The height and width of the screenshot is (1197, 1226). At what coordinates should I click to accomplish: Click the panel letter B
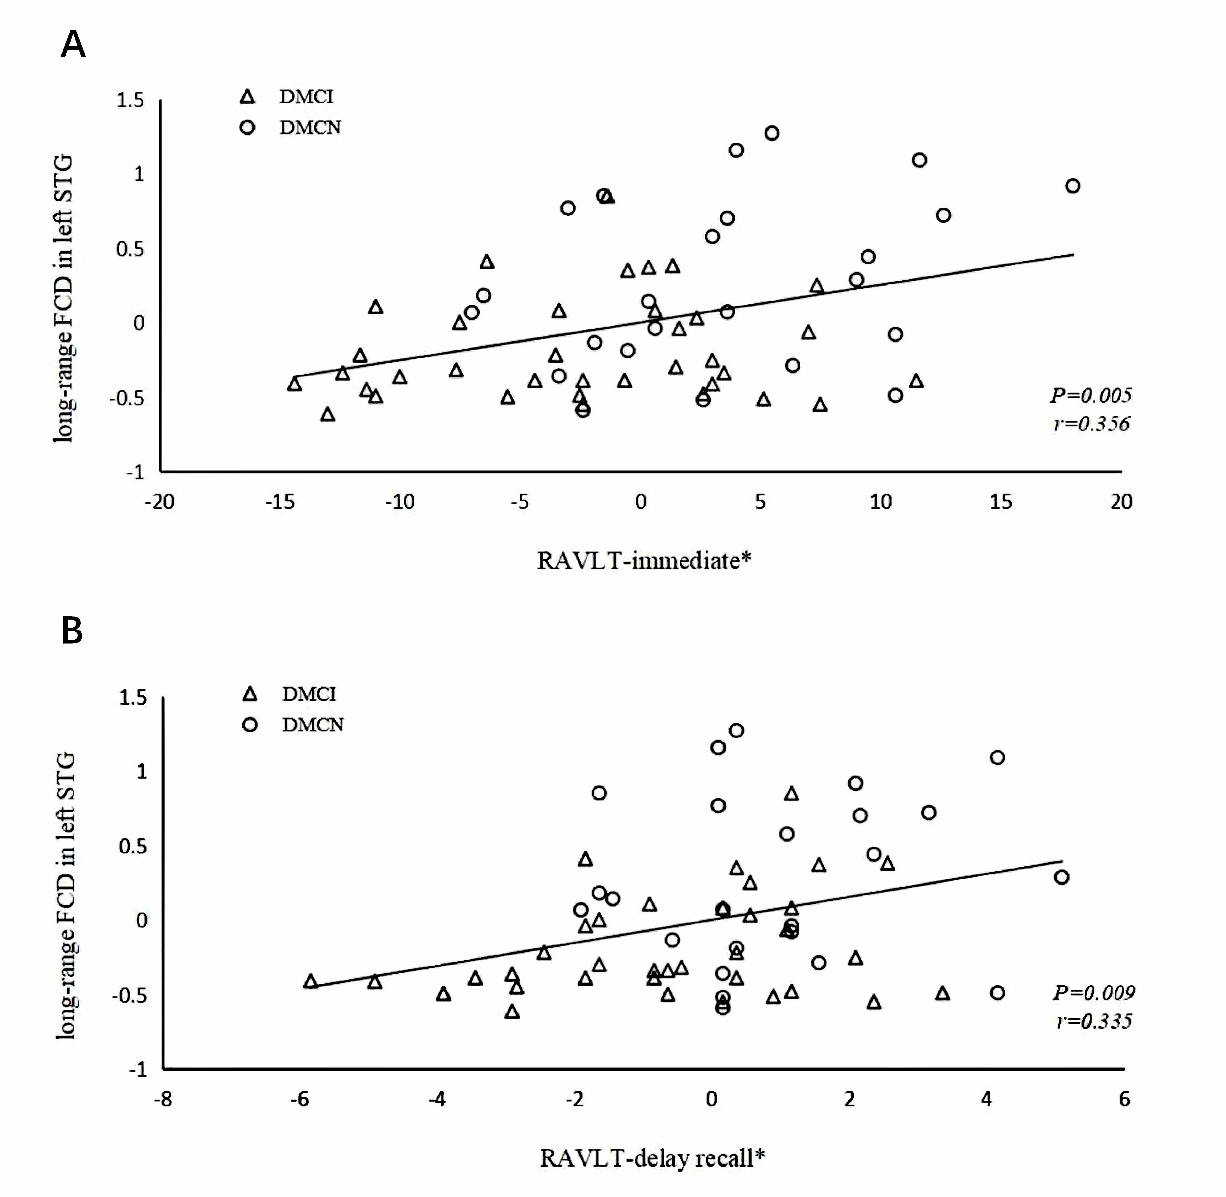pyautogui.click(x=72, y=631)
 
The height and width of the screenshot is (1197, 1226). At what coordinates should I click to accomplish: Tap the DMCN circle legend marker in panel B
pyautogui.click(x=250, y=725)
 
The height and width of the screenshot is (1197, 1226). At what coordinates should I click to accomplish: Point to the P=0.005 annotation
pyautogui.click(x=1090, y=395)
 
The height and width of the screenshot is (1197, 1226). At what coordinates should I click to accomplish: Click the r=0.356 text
pyautogui.click(x=1091, y=424)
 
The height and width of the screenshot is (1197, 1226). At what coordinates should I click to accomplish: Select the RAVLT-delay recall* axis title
pyautogui.click(x=652, y=1157)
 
